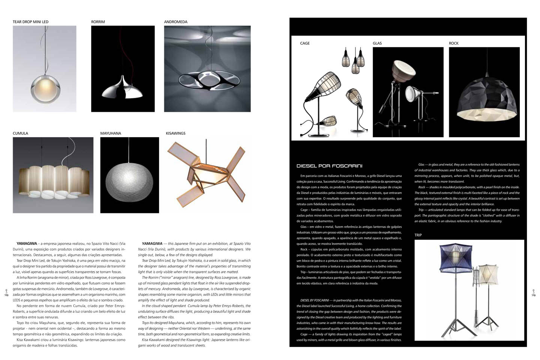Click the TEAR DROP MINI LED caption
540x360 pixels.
tap(30, 22)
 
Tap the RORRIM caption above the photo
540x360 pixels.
tap(98, 22)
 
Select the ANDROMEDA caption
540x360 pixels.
tap(175, 22)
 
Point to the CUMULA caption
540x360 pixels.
tap(20, 133)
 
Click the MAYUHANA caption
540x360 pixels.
tap(111, 133)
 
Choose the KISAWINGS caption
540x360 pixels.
tap(175, 133)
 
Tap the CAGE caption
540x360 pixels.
tap(305, 43)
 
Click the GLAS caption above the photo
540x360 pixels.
tap(377, 43)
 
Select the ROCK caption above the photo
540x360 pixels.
tap(453, 43)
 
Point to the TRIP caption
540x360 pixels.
tap(418, 235)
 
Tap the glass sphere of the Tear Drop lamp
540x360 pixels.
tap(44, 88)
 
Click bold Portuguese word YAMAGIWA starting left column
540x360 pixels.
tap(26, 243)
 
